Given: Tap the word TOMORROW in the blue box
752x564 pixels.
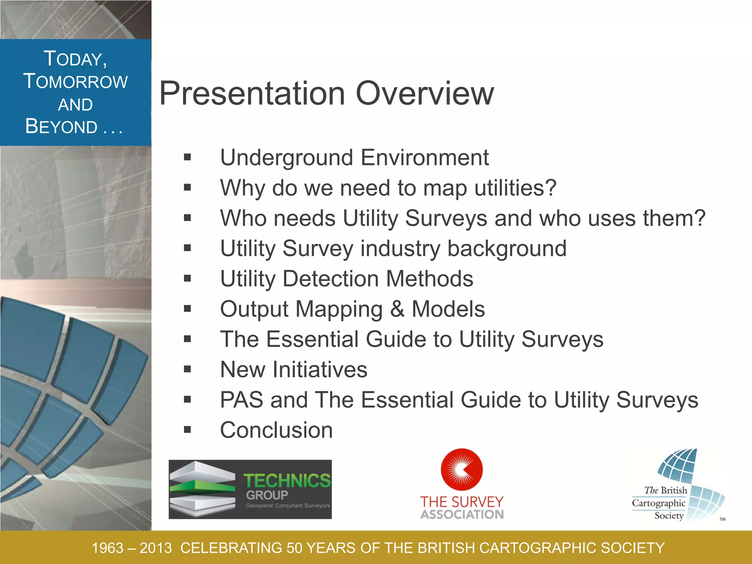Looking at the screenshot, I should click(76, 82).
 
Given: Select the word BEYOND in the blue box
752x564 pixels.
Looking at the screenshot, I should click(61, 127).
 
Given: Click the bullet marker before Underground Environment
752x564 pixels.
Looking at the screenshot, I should click(188, 158).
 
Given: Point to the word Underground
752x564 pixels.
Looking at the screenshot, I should click(286, 158).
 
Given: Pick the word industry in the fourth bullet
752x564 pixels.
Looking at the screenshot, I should click(400, 249).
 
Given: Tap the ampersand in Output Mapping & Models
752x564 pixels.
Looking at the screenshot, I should click(397, 309).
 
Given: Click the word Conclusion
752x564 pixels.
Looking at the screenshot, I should click(276, 430).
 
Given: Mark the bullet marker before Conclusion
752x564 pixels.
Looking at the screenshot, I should click(188, 430).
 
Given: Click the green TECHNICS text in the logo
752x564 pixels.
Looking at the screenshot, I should click(287, 481).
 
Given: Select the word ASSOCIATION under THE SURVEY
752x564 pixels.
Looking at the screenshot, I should click(462, 514).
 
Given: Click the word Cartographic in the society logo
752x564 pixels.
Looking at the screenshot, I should click(658, 503).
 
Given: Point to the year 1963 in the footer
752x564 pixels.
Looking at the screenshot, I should click(107, 548).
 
